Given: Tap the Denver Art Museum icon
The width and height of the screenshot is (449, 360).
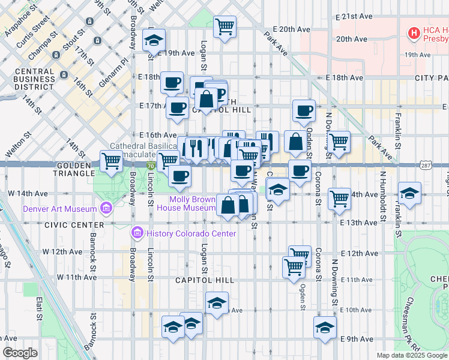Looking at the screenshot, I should click(x=106, y=209).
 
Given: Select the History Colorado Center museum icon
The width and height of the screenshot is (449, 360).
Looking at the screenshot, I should click(x=137, y=233).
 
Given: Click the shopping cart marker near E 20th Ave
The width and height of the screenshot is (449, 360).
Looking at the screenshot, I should click(x=224, y=26).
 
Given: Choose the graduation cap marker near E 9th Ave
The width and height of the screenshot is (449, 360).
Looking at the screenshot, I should click(x=325, y=328).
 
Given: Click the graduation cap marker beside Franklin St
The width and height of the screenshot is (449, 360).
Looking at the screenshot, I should click(x=409, y=193).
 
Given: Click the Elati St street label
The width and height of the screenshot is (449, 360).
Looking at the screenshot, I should click(x=40, y=307).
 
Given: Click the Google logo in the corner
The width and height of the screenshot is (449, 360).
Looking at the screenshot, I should click(x=20, y=353).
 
